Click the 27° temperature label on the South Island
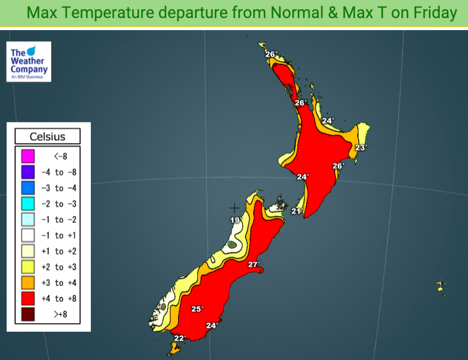point(253,264)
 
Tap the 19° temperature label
point(234,221)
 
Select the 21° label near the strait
point(296,211)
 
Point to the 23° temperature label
point(360,147)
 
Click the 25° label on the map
point(197,309)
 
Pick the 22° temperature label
point(180,338)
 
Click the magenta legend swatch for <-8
point(28,157)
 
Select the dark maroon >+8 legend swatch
point(28,314)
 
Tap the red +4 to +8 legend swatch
point(28,298)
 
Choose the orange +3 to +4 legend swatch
point(28,282)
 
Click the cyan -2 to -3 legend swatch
point(28,204)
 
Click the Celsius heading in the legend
point(48,137)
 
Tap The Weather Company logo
point(28,61)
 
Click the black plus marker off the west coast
point(235,208)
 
